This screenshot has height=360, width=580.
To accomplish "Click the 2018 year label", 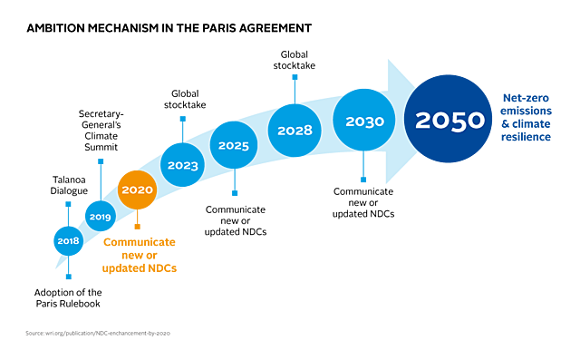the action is click(x=68, y=241).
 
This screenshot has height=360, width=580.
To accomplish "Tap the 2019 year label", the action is click(x=100, y=217).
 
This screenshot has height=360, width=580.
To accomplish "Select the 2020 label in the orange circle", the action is click(x=137, y=190).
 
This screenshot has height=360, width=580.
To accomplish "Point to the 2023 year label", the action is click(x=183, y=165).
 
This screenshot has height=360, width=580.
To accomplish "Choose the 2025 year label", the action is click(x=234, y=145).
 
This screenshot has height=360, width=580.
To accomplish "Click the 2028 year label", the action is click(x=295, y=131).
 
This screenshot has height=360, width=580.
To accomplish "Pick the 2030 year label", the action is click(x=364, y=122).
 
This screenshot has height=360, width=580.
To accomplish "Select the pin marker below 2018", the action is click(x=68, y=276).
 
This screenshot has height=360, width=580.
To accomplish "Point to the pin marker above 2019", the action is click(x=101, y=163).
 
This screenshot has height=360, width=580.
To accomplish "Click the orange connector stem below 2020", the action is click(x=138, y=222).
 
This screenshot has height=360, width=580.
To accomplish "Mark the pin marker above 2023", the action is click(x=182, y=119).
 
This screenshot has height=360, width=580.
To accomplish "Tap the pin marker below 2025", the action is click(x=235, y=191).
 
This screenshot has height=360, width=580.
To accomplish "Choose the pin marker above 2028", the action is click(x=294, y=79).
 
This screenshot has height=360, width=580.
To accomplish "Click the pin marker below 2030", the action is click(x=363, y=178).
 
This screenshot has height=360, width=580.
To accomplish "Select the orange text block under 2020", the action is click(x=140, y=255).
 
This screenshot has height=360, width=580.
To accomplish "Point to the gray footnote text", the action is click(x=97, y=333).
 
